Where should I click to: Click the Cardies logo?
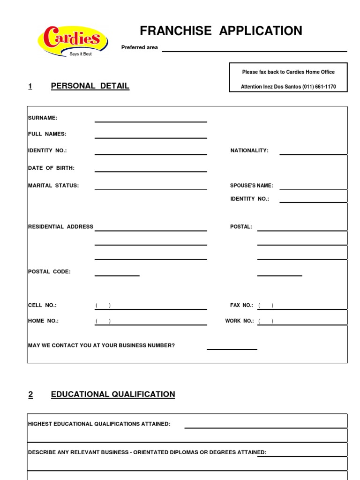tap(73, 41)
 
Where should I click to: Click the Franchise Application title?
tap(221, 31)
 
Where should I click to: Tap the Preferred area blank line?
tap(254, 50)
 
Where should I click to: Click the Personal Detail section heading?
tap(90, 86)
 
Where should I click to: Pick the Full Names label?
tap(47, 134)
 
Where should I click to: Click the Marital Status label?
tap(53, 186)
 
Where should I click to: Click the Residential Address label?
tap(61, 227)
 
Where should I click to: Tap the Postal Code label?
tap(49, 271)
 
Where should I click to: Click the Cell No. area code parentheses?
tap(103, 306)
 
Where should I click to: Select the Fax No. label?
tap(241, 305)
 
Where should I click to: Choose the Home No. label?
tap(44, 321)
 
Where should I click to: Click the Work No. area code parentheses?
tap(266, 321)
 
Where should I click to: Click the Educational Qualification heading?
tap(113, 394)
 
